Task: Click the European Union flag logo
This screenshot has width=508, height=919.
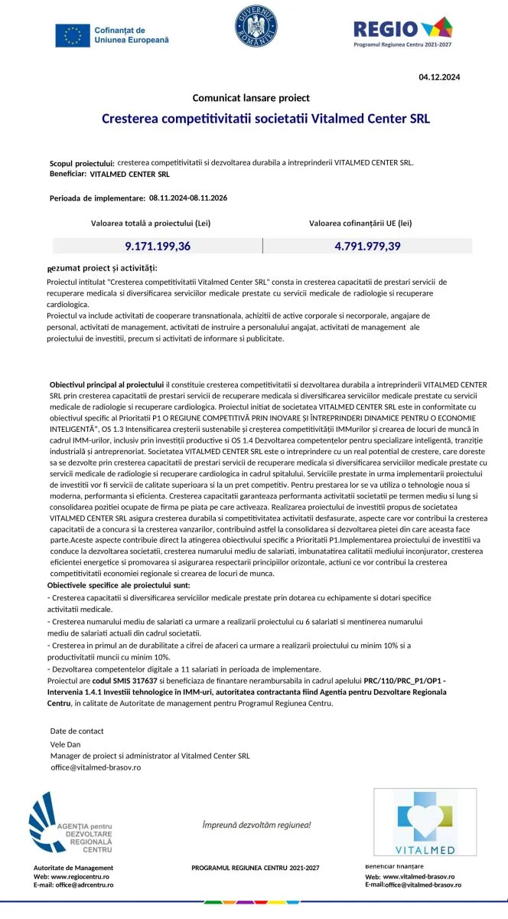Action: [72, 34]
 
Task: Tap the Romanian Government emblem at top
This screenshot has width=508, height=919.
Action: [258, 29]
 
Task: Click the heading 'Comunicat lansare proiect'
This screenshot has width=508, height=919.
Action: [251, 98]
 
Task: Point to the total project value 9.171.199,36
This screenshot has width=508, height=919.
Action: [158, 246]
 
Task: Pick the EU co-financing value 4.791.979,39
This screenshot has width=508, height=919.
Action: [367, 246]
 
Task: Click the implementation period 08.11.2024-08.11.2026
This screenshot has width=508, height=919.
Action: [188, 198]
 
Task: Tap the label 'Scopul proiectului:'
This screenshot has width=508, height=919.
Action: [82, 164]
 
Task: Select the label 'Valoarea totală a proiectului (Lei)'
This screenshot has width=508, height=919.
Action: [151, 224]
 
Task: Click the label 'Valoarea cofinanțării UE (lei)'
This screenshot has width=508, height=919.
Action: [360, 224]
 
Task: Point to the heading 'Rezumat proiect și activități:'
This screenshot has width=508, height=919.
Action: [102, 268]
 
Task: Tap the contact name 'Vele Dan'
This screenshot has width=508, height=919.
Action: [66, 744]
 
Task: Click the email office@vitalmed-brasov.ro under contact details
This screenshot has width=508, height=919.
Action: [96, 767]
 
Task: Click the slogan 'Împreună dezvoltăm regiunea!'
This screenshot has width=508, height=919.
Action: [256, 825]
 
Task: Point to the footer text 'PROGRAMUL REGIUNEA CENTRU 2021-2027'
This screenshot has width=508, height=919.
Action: [255, 868]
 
